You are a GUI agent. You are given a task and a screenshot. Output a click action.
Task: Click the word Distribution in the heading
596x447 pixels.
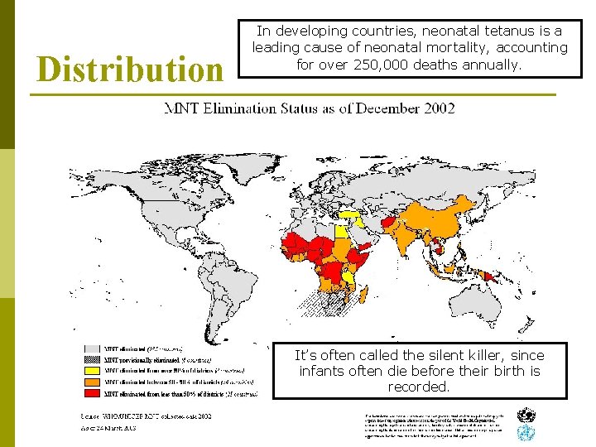pos(130,70)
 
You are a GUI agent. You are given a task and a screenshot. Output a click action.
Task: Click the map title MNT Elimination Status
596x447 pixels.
pos(309,108)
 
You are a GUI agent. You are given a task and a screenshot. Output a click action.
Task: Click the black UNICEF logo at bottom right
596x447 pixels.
pos(525,415)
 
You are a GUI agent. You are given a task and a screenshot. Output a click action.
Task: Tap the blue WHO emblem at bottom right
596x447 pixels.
pos(525,434)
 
